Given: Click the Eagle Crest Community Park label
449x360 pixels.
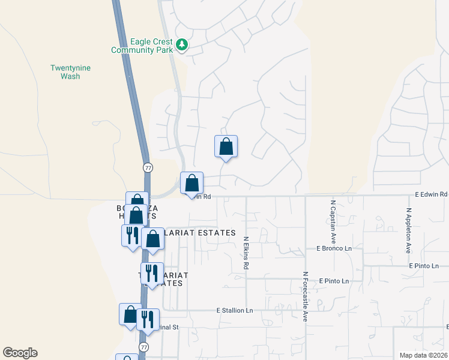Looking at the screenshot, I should point(142,46).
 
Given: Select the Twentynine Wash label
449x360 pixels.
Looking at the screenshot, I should point(70,72).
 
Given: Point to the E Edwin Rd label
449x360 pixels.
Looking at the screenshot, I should point(431,194).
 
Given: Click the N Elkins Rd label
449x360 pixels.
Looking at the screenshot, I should point(246,252).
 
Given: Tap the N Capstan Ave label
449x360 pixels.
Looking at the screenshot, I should point(332,218).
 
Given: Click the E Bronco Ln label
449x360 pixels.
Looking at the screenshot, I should point(334,248).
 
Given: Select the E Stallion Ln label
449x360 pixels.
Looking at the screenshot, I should point(235,310).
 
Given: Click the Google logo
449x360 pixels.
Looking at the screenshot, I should point(20,353).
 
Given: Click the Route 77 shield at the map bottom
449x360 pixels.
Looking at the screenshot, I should point(143,347).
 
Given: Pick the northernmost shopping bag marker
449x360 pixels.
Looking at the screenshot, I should point(226,146).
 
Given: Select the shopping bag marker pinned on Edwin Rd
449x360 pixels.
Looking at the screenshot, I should point(191,183).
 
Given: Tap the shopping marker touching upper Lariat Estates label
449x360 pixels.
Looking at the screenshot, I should point(153,239).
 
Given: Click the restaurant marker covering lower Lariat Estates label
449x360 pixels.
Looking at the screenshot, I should point(152,274).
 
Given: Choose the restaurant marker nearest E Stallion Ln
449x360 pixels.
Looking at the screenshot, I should point(147,319).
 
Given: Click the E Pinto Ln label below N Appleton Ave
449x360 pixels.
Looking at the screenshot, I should point(424,265).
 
